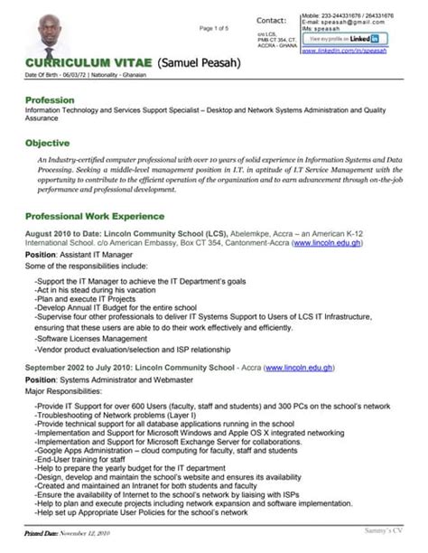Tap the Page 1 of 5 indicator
(214, 28)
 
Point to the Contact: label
(271, 20)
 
